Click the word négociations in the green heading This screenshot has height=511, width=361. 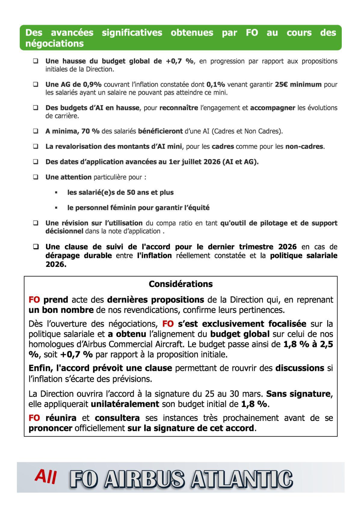[x=54, y=44]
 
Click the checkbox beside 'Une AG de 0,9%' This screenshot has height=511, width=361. [x=35, y=84]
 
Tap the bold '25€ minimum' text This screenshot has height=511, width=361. [x=298, y=84]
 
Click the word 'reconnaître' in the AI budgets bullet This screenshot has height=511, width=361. [x=179, y=108]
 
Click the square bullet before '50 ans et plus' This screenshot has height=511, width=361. [x=56, y=192]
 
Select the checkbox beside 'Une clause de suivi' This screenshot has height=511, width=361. [x=35, y=247]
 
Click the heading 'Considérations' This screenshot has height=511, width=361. [x=180, y=284]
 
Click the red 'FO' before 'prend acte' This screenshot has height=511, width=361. [x=34, y=300]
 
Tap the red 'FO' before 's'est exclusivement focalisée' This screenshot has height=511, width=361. [x=168, y=324]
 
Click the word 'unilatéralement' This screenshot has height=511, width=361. [x=125, y=404]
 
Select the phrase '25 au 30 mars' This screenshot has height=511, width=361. [x=233, y=394]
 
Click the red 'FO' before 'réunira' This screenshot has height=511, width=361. [x=34, y=418]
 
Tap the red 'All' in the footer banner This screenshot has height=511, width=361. [x=45, y=477]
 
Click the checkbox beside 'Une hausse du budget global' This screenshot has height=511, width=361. [x=35, y=61]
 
